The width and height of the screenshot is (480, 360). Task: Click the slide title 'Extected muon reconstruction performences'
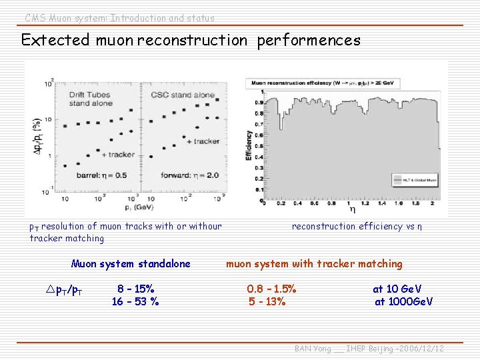[191, 40]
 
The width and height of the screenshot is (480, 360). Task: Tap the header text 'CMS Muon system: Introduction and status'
[120, 18]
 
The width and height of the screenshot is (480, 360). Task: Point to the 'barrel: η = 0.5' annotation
[101, 175]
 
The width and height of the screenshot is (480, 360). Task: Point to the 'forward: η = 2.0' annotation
[189, 175]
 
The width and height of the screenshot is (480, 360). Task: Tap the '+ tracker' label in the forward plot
[203, 141]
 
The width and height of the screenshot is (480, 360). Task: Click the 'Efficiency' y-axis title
[249, 144]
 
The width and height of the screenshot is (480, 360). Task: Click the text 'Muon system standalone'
[131, 263]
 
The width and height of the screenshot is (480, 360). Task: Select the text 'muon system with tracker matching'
[314, 263]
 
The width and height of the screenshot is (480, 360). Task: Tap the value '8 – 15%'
[136, 289]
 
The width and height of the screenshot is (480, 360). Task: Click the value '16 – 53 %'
[135, 301]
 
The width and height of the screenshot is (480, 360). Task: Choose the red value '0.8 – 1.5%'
[271, 289]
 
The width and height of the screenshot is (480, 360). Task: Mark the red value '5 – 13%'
[267, 301]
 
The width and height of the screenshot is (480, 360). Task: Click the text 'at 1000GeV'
[403, 301]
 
